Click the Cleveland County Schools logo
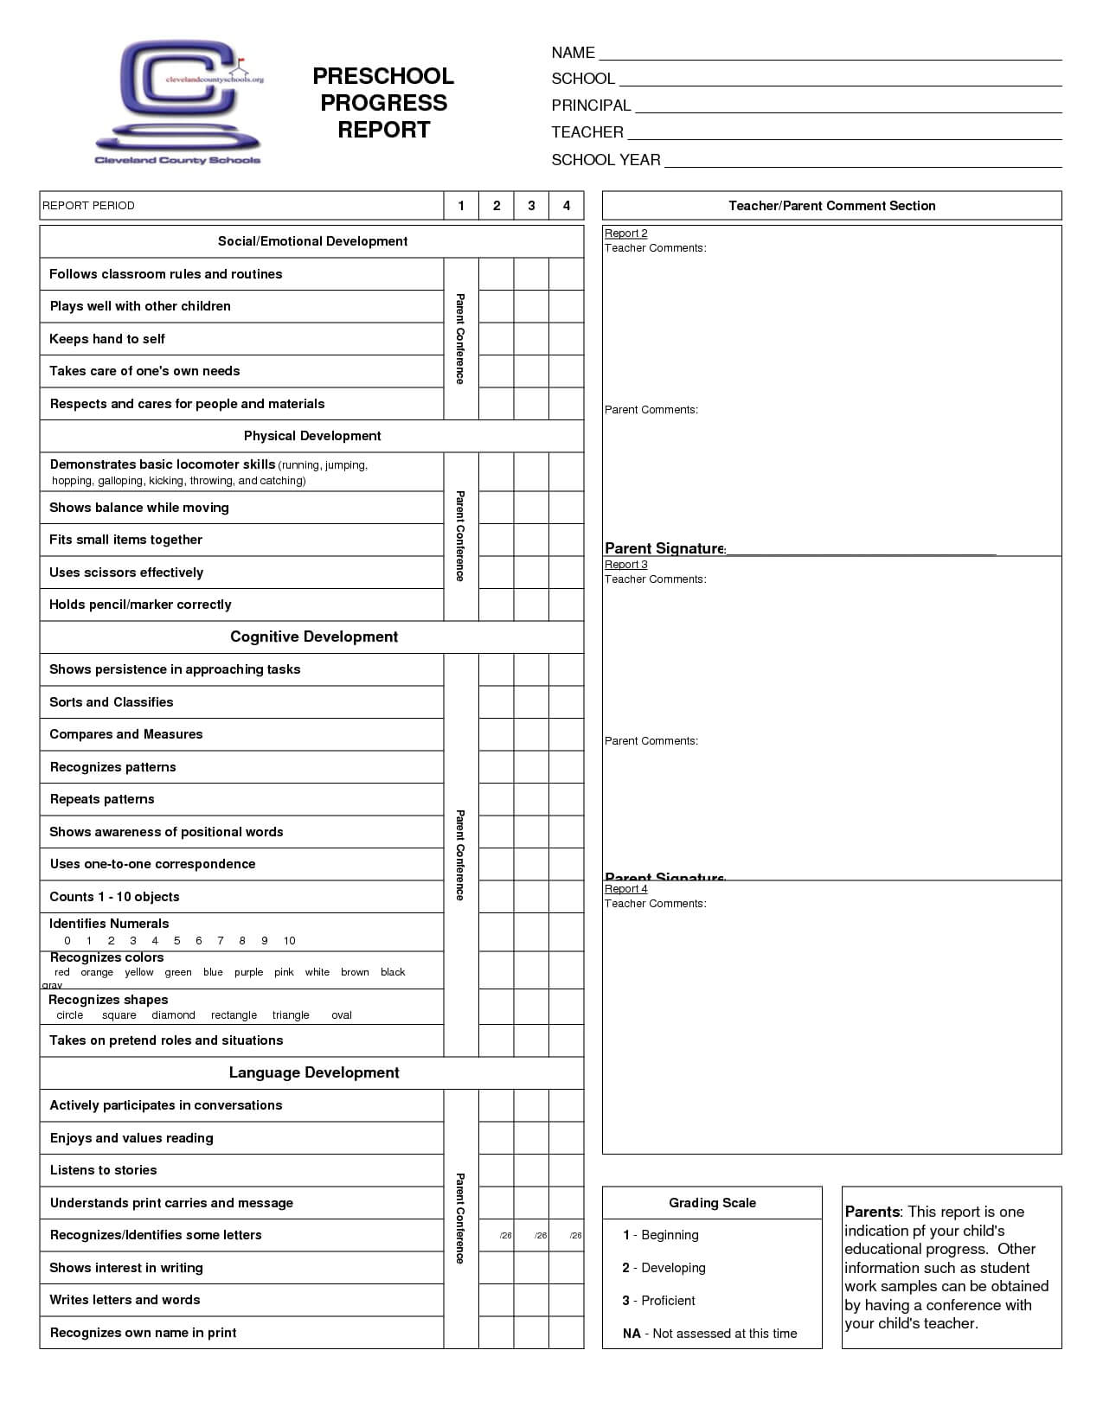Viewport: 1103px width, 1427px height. pyautogui.click(x=178, y=102)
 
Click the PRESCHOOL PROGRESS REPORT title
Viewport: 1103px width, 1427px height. pyautogui.click(x=383, y=103)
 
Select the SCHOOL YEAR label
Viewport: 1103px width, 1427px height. pyautogui.click(x=606, y=160)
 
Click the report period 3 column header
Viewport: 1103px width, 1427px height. pyautogui.click(x=531, y=206)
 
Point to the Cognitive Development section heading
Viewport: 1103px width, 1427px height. pyautogui.click(x=313, y=637)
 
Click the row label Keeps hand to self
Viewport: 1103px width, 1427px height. pyautogui.click(x=107, y=339)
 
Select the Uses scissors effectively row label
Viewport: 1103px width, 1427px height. pyautogui.click(x=126, y=573)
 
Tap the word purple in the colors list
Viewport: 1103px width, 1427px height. pyautogui.click(x=248, y=972)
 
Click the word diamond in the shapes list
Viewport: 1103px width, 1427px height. pyautogui.click(x=173, y=1015)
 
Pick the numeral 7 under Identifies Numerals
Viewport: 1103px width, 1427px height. pyautogui.click(x=221, y=941)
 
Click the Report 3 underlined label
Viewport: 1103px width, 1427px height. pyautogui.click(x=625, y=565)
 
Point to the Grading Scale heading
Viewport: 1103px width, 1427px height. pyautogui.click(x=712, y=1203)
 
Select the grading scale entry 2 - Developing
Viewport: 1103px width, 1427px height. pyautogui.click(x=664, y=1268)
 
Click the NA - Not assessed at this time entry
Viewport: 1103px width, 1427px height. pyautogui.click(x=709, y=1334)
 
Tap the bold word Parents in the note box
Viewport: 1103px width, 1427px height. pyautogui.click(x=872, y=1212)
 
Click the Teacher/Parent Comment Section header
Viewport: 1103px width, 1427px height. pyautogui.click(x=831, y=206)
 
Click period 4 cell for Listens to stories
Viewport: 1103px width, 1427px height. pyautogui.click(x=567, y=1170)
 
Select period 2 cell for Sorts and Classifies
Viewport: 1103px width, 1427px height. pyautogui.click(x=497, y=702)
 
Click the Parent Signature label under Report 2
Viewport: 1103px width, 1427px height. pyautogui.click(x=664, y=548)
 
